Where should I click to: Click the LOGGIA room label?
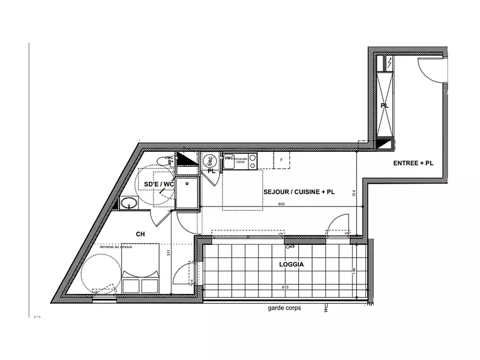[291, 264]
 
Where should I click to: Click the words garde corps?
[284, 308]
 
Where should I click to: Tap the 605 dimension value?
[281, 205]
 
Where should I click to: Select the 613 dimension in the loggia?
[292, 288]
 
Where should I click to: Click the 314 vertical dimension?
[355, 193]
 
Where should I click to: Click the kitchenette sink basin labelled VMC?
[229, 161]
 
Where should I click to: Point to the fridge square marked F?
[281, 160]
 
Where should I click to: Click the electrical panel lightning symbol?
[389, 62]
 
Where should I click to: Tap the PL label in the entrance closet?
[385, 106]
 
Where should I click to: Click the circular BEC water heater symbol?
[209, 161]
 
